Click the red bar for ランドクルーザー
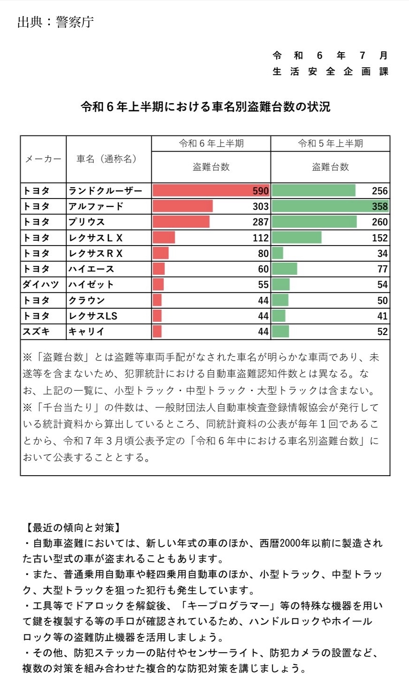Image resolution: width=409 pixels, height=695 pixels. point(211,191)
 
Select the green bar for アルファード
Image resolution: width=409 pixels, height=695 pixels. point(330,206)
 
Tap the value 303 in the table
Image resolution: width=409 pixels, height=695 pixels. point(260,206)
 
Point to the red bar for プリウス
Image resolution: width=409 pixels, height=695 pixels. point(181,222)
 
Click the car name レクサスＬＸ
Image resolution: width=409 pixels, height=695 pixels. point(96,238)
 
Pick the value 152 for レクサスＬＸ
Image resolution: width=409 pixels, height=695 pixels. point(380,238)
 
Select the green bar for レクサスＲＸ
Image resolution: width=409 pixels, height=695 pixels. point(277,253)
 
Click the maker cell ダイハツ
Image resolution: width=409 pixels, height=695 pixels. point(40,284)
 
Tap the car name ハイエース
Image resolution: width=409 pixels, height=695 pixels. point(91,269)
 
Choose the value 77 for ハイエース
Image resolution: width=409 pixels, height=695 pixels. point(383,269)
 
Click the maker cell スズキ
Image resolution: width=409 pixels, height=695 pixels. point(36,331)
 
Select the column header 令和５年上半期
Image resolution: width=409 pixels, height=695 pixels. point(330,144)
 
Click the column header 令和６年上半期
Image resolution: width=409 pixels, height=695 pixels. point(211,144)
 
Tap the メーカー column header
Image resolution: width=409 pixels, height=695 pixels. point(43,159)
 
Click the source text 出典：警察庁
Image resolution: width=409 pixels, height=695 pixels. point(55,22)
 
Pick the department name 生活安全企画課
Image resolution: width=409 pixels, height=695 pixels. point(330,72)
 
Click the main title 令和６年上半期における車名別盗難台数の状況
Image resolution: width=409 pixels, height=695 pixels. point(205,107)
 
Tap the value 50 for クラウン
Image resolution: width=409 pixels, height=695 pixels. point(383,300)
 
